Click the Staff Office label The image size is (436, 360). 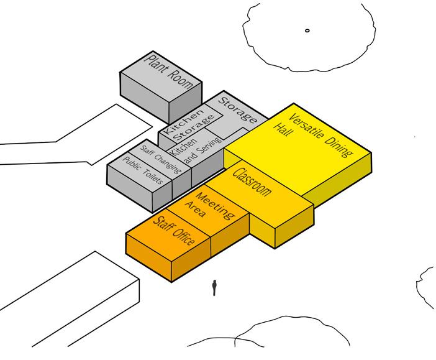pyautogui.click(x=175, y=231)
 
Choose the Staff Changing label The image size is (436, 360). pyautogui.click(x=157, y=159)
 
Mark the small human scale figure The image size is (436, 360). pyautogui.click(x=214, y=288)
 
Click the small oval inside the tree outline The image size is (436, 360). pyautogui.click(x=307, y=30)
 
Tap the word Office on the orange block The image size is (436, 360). pyautogui.click(x=184, y=237)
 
